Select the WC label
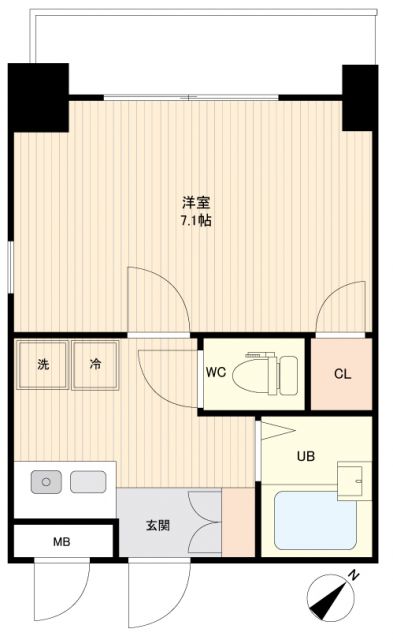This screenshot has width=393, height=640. [x=216, y=374]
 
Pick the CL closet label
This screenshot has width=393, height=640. [x=342, y=374]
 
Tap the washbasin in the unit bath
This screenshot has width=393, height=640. [x=351, y=479]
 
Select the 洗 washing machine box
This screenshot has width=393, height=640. [x=42, y=365]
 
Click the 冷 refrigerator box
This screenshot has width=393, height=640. [x=95, y=365]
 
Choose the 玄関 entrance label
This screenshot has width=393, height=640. [x=156, y=525]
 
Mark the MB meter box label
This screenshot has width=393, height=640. [x=62, y=544]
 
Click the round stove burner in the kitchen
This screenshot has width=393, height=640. [x=46, y=483]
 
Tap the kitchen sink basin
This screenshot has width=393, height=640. [x=88, y=483]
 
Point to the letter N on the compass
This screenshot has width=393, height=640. [x=353, y=577]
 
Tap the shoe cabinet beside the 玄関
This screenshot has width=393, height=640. [x=238, y=522]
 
